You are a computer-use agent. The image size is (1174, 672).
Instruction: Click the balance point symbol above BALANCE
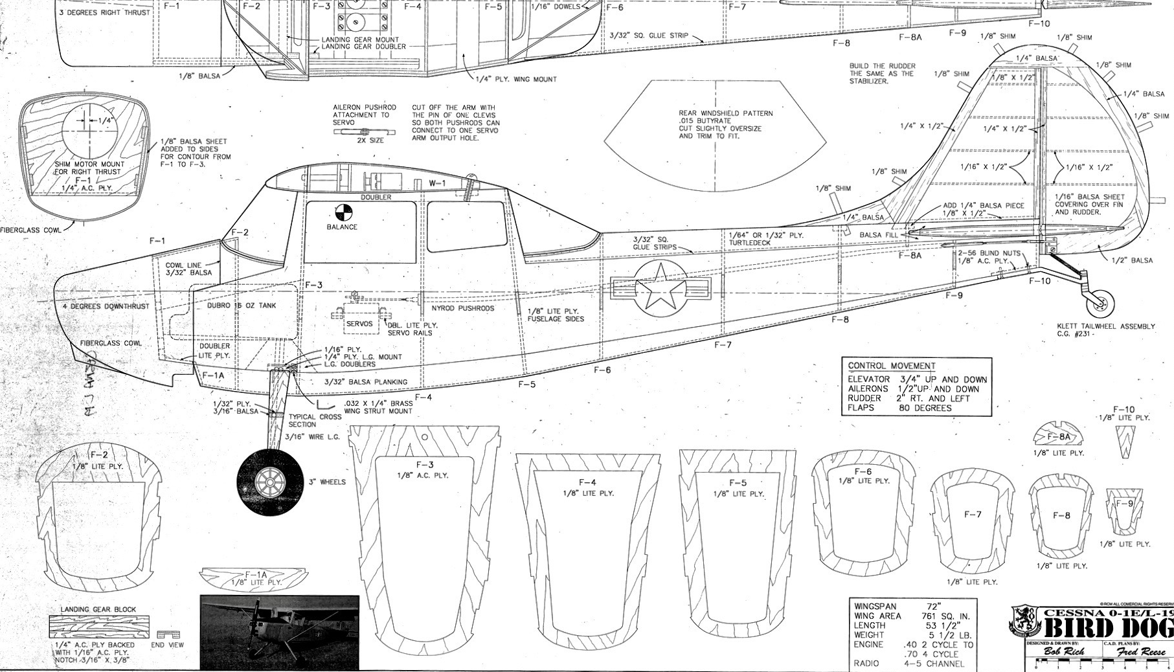coord(343,212)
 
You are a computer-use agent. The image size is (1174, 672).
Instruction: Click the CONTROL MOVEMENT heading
coord(891,366)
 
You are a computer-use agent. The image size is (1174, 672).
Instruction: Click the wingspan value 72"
coord(934,607)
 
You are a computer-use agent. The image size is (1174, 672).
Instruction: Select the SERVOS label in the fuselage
coord(359,324)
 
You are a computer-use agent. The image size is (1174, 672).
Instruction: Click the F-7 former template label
coord(973,514)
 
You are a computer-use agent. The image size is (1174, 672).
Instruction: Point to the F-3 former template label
coord(424,465)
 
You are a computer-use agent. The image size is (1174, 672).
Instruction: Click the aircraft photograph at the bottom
coord(279,632)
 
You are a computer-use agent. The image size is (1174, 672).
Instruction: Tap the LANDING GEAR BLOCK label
coord(98,609)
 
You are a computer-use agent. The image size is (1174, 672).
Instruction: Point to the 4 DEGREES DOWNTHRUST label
coord(106,306)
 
